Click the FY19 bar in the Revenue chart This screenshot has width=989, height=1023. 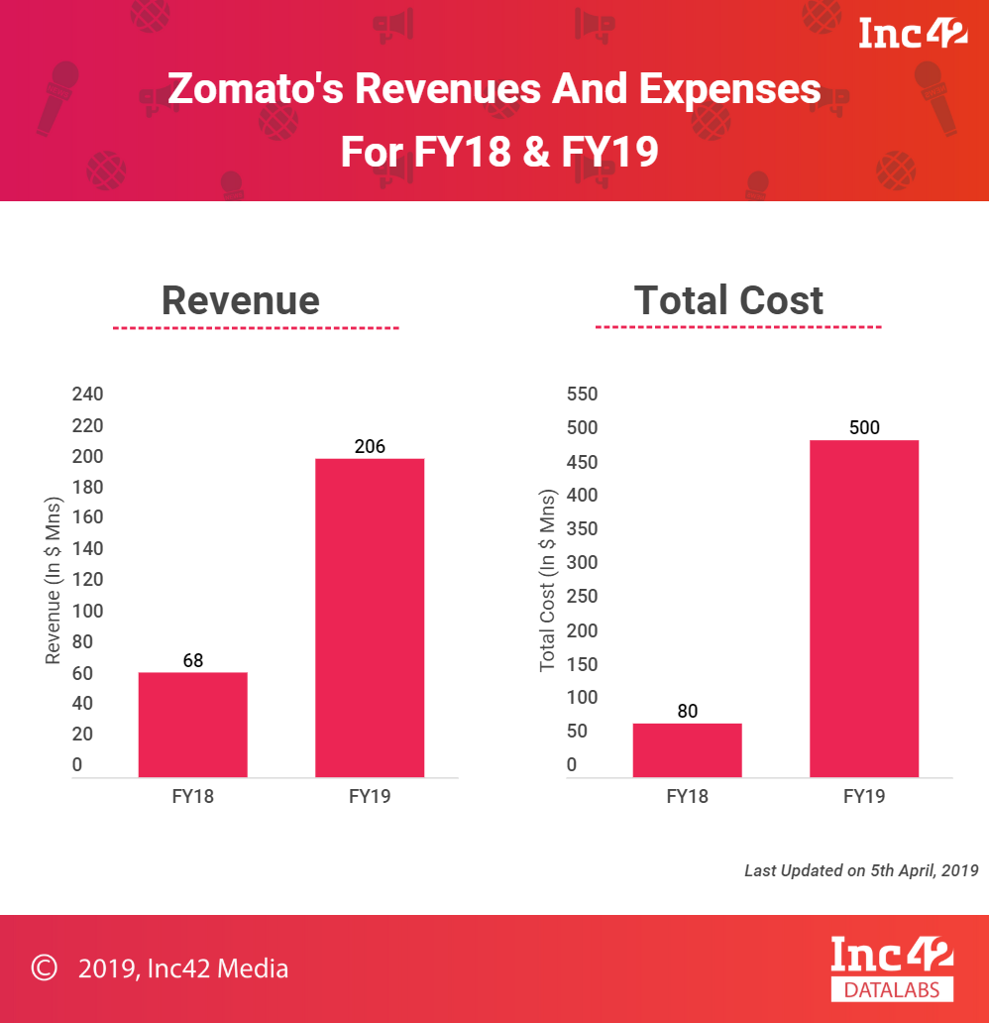click(x=370, y=617)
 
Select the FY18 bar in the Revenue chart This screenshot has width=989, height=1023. click(x=192, y=725)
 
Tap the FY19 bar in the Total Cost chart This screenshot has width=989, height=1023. click(x=864, y=608)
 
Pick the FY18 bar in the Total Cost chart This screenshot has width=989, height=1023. click(x=687, y=750)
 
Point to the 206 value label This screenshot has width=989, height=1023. click(x=370, y=446)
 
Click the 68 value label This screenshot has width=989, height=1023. click(x=192, y=660)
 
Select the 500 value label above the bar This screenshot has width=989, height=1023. click(x=864, y=428)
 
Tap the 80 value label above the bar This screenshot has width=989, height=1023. click(x=687, y=711)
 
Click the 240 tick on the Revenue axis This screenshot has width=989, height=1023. click(x=88, y=395)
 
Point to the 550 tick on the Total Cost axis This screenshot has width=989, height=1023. click(x=583, y=395)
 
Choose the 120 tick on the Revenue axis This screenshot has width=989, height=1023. click(x=88, y=579)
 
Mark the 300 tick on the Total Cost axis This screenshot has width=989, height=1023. click(x=583, y=563)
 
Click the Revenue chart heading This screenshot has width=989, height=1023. click(x=241, y=300)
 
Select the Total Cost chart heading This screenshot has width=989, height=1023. click(x=728, y=300)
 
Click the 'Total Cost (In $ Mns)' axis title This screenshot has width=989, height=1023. click(x=547, y=581)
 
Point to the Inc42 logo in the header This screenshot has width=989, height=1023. click(x=913, y=34)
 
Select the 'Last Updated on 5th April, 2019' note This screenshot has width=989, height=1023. click(x=861, y=870)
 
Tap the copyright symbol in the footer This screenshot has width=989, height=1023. click(x=44, y=967)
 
